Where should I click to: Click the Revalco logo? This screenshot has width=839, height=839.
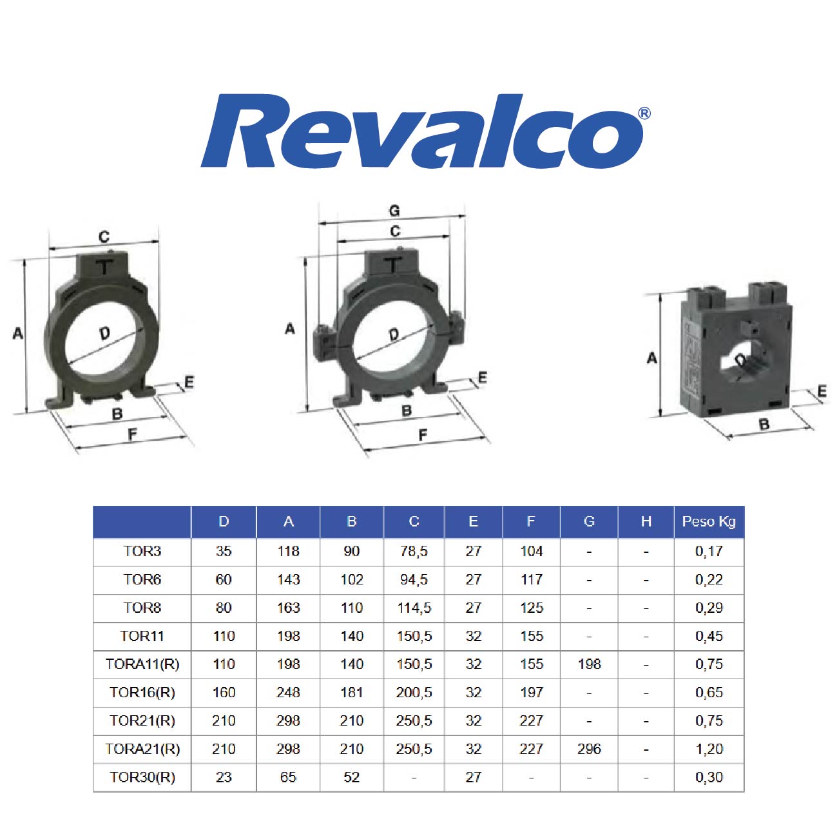click(425, 131)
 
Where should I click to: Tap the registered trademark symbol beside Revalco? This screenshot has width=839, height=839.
click(644, 113)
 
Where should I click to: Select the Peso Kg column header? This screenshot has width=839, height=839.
click(708, 521)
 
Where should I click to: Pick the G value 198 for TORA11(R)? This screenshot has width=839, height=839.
click(589, 664)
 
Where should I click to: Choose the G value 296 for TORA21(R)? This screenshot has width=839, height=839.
click(589, 749)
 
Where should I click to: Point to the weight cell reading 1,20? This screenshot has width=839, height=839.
click(709, 749)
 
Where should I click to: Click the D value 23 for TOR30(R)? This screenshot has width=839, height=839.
click(224, 777)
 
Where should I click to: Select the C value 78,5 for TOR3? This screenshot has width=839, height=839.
click(414, 551)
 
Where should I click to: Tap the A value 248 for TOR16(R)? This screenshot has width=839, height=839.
click(288, 692)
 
